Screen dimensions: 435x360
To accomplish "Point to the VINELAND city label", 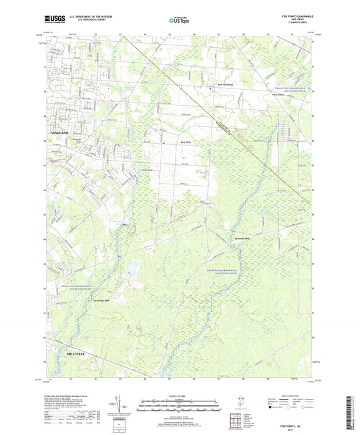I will (60, 133).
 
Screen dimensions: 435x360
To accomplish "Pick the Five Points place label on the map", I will (280, 95).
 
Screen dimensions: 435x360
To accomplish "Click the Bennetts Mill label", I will (242, 238).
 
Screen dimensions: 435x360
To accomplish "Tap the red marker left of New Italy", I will (163, 143).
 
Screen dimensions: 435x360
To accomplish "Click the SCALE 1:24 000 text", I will (180, 396).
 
